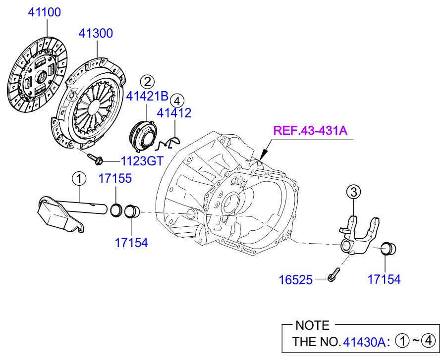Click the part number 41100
click(x=44, y=12)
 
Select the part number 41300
click(x=96, y=33)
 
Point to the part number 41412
click(x=174, y=113)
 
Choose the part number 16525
click(x=295, y=280)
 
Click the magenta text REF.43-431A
click(x=311, y=131)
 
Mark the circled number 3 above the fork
click(x=353, y=192)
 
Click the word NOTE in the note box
click(x=312, y=325)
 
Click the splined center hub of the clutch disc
click(x=40, y=76)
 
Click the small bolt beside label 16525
click(x=333, y=274)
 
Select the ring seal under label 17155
click(x=116, y=209)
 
